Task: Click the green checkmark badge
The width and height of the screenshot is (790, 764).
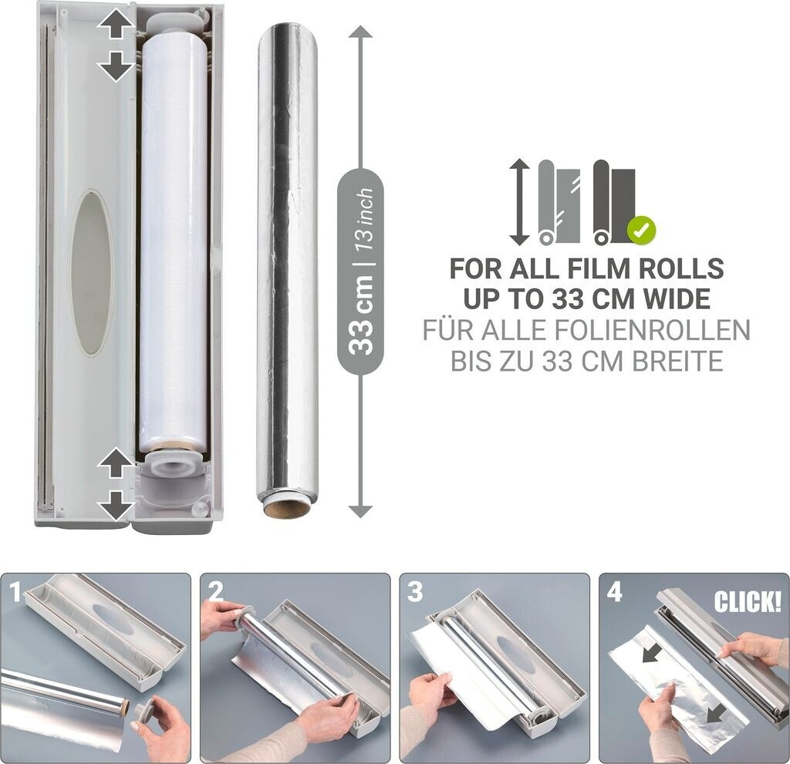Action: point(641,231)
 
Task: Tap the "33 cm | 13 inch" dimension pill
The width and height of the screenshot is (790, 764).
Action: point(360,273)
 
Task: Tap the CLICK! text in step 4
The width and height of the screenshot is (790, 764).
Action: point(747,601)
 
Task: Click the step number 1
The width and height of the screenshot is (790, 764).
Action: point(16,591)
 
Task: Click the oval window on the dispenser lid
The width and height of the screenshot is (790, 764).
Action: point(91,272)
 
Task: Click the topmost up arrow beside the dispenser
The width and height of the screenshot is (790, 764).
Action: point(116,25)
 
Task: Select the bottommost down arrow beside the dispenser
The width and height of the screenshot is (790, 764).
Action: point(116,505)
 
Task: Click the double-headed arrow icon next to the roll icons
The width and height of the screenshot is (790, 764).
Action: point(519,203)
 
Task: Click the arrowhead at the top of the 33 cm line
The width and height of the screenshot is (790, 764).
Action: point(360,32)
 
